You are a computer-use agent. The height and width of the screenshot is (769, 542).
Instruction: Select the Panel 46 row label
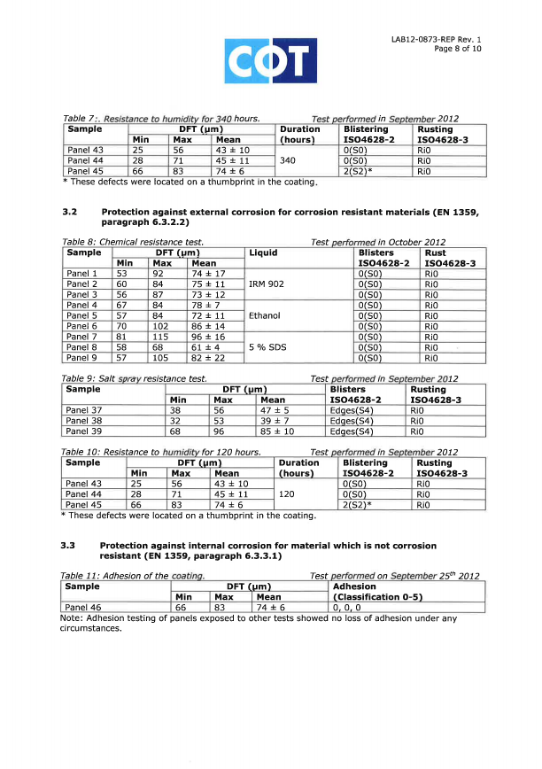click(84, 607)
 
